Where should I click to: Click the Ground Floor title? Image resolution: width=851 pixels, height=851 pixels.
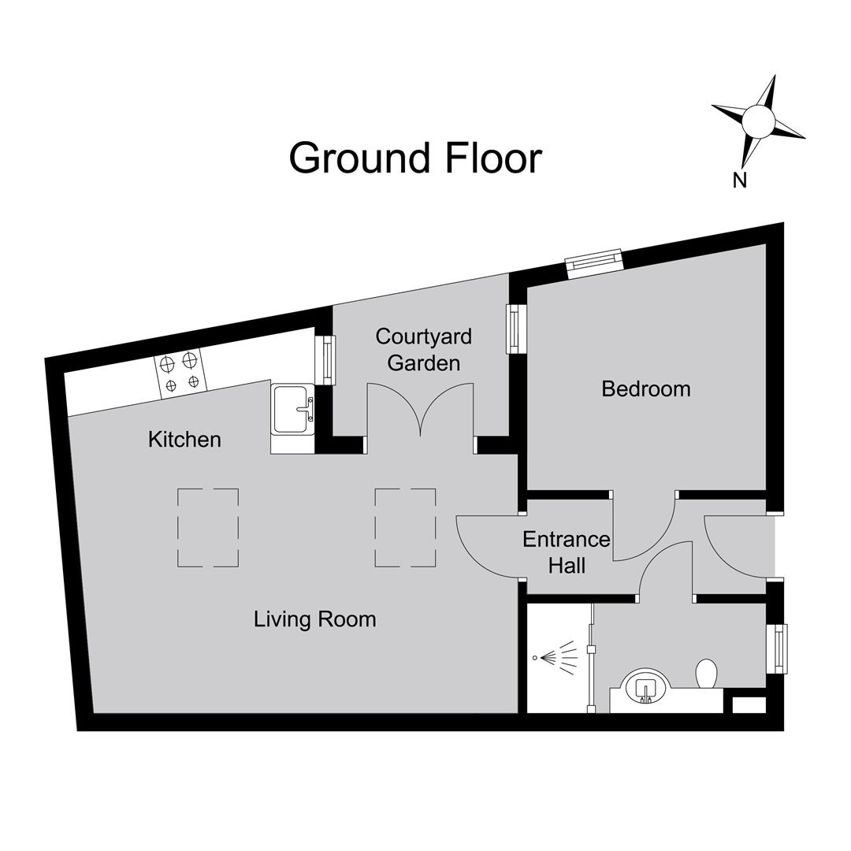(x=415, y=159)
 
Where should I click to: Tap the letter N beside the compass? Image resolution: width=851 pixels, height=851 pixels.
(x=740, y=180)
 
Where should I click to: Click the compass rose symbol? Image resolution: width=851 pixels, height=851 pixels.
(x=759, y=121)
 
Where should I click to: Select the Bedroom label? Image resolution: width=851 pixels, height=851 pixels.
(x=646, y=389)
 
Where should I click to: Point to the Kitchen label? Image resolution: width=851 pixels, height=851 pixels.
(x=184, y=440)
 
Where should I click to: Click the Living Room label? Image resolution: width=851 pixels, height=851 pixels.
(x=314, y=619)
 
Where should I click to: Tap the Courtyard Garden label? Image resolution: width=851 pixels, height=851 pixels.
(x=423, y=350)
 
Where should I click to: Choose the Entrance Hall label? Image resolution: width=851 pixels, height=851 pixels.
(x=566, y=552)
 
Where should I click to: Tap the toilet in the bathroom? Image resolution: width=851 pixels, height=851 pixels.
(x=707, y=674)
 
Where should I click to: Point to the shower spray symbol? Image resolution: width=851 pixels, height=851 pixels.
(x=556, y=658)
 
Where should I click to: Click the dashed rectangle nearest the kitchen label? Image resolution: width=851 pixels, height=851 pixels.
(x=208, y=528)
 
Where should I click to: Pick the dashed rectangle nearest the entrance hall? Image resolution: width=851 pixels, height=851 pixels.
(x=406, y=528)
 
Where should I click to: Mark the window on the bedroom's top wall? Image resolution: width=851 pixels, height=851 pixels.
(x=594, y=263)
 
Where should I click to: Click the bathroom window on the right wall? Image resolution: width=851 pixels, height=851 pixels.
(x=780, y=649)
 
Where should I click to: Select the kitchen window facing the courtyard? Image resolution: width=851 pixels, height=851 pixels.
(x=329, y=360)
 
